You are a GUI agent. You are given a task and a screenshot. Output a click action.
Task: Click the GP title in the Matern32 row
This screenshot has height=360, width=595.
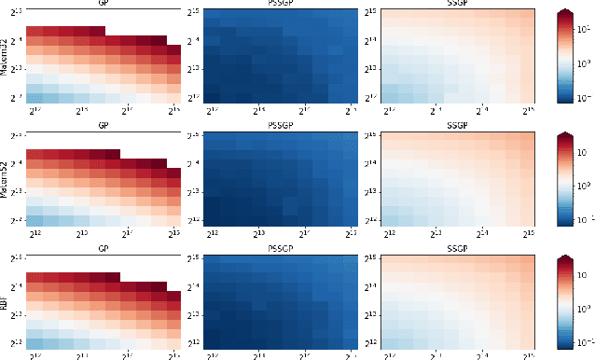coord(104,4)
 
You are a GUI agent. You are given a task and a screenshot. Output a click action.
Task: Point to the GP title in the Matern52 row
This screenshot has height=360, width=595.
coord(104,126)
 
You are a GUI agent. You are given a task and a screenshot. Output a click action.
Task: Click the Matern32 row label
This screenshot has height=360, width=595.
coord(6,57)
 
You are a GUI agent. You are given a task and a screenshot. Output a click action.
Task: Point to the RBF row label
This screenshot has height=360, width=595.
coord(6,301)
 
